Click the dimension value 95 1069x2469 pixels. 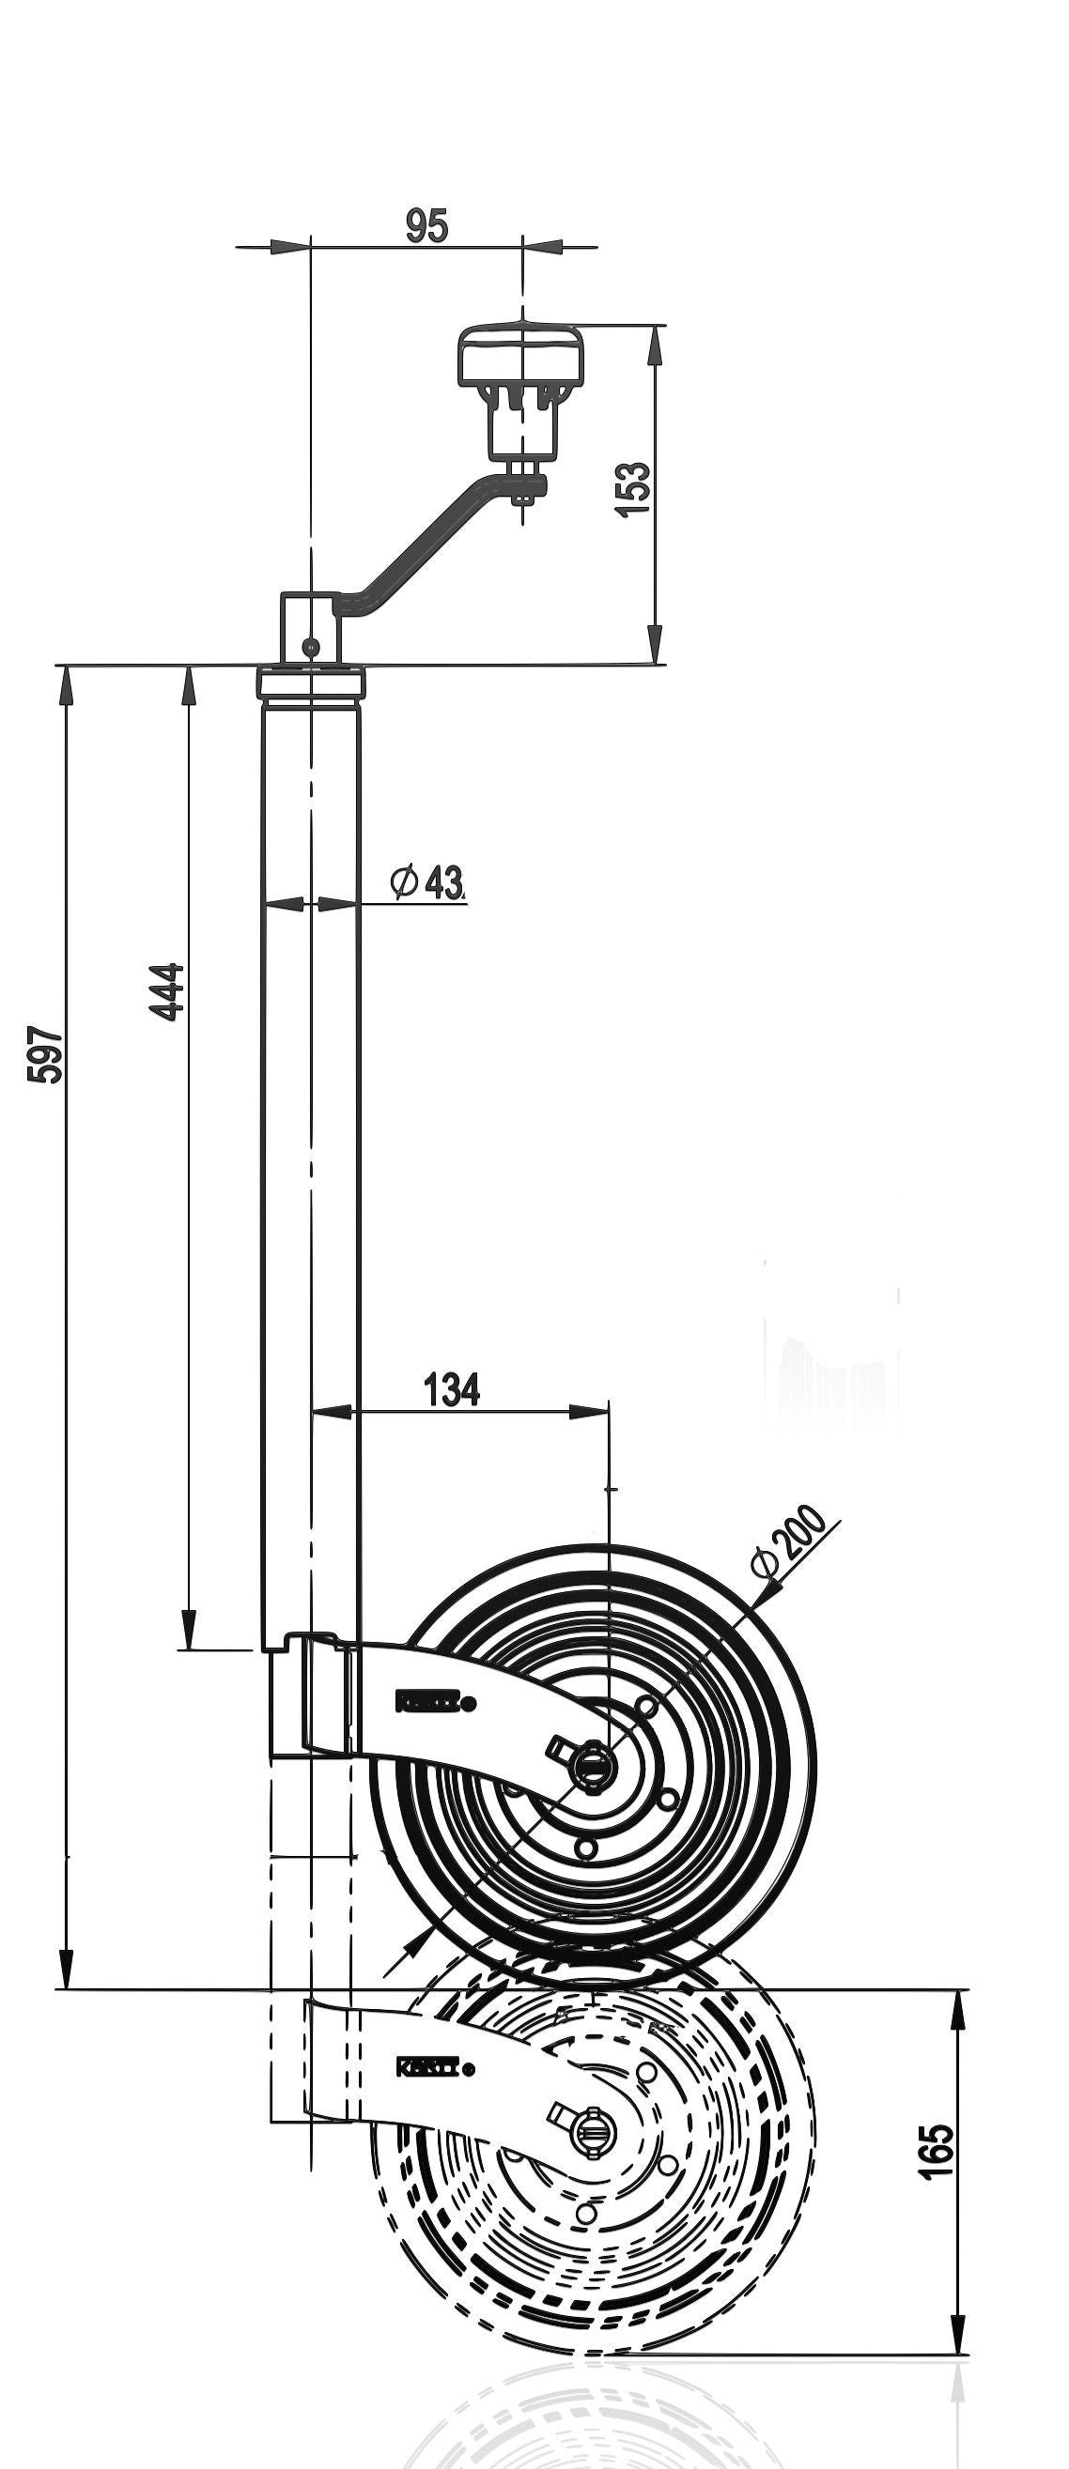click(x=426, y=226)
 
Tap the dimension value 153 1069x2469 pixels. click(x=632, y=489)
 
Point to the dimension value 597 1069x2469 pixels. click(x=45, y=1055)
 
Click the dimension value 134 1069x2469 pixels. click(x=452, y=1388)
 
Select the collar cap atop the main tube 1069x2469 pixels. click(x=312, y=683)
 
